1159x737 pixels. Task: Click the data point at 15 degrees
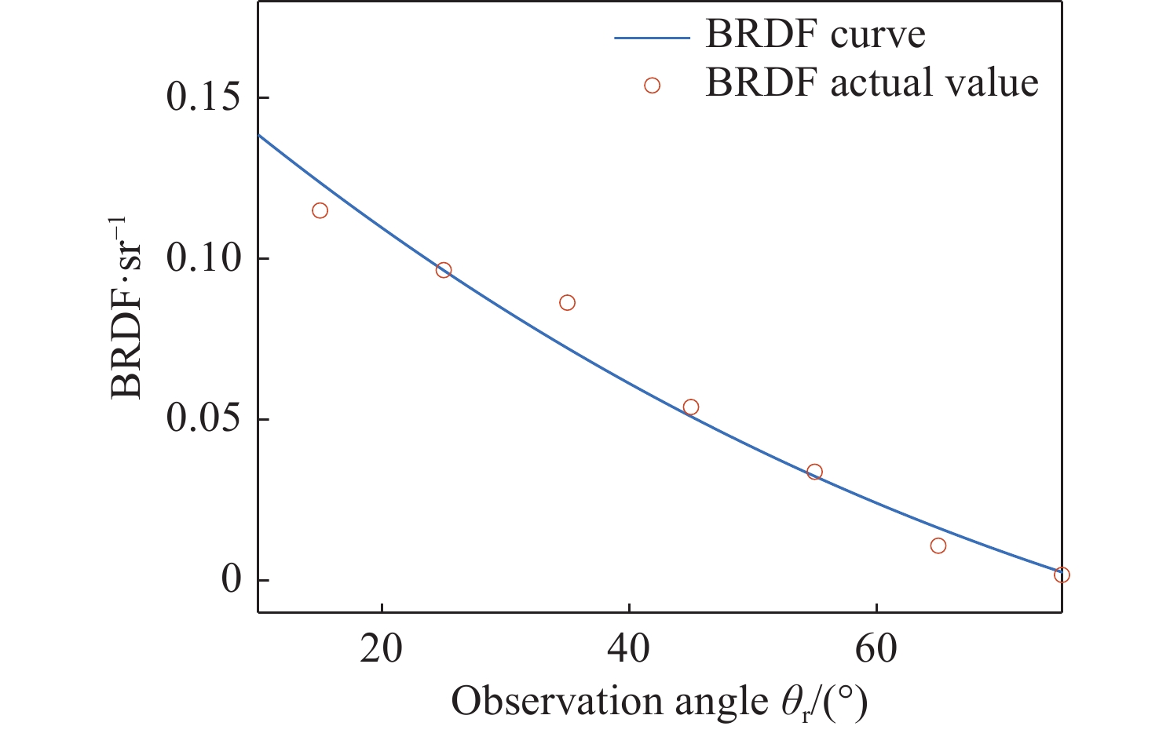[x=320, y=210]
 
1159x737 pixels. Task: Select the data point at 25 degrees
[x=444, y=270]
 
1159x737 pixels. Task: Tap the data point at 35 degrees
[x=567, y=303]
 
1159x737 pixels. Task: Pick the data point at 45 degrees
[x=691, y=407]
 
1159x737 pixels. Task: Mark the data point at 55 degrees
[x=814, y=472]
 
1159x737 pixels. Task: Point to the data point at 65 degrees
[x=938, y=545]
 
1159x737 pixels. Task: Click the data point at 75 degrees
[x=1062, y=575]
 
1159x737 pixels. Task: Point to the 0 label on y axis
[x=232, y=580]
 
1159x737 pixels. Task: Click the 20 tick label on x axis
[x=382, y=650]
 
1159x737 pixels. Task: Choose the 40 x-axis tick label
[x=629, y=650]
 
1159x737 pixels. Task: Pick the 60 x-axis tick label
[x=876, y=650]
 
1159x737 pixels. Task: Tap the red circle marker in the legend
[x=652, y=86]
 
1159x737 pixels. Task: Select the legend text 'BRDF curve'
[x=815, y=35]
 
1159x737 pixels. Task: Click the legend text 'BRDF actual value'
[x=872, y=83]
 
